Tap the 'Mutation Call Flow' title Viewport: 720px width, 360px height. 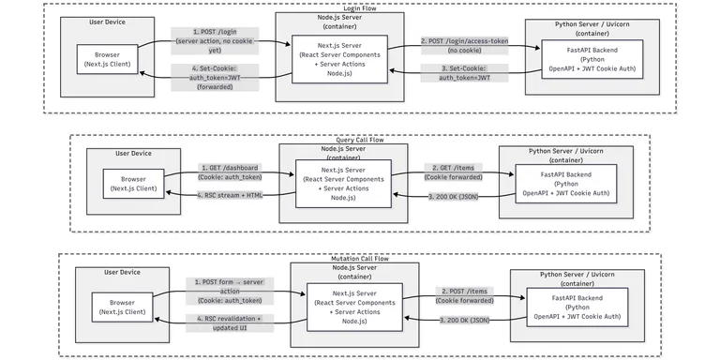(359, 257)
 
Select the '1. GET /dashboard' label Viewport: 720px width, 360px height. (230, 172)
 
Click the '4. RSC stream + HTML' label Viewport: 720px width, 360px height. (230, 195)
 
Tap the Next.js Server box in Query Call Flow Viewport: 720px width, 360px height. (342, 183)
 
